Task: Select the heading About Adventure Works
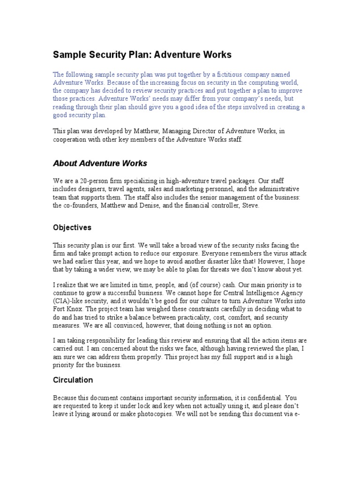coord(100,164)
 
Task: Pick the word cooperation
coord(73,140)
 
